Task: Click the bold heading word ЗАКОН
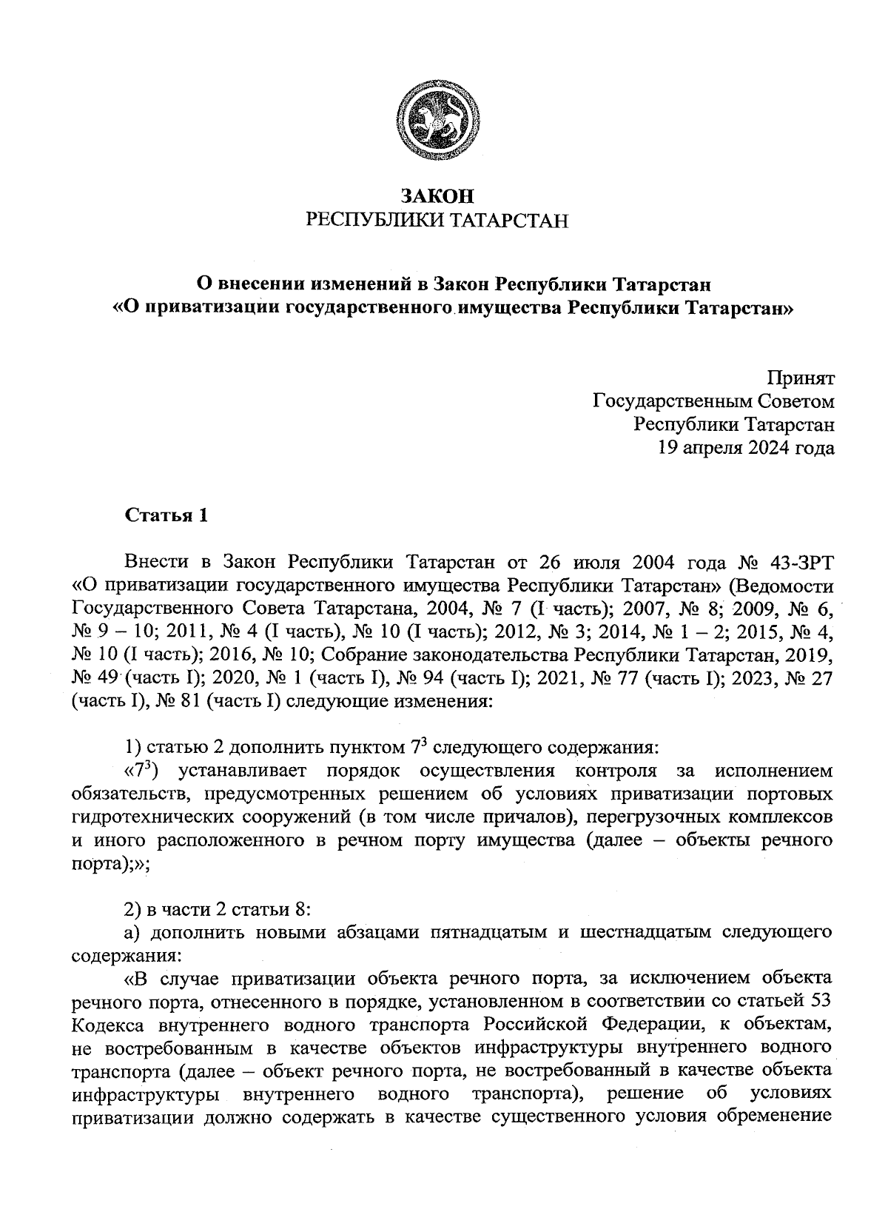point(436,196)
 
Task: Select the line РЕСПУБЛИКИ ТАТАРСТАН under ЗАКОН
point(436,221)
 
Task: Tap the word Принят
point(801,378)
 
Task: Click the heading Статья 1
point(166,515)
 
